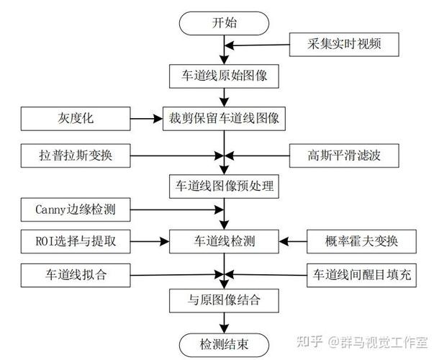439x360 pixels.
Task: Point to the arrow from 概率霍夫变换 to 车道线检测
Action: pyautogui.click(x=294, y=241)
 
